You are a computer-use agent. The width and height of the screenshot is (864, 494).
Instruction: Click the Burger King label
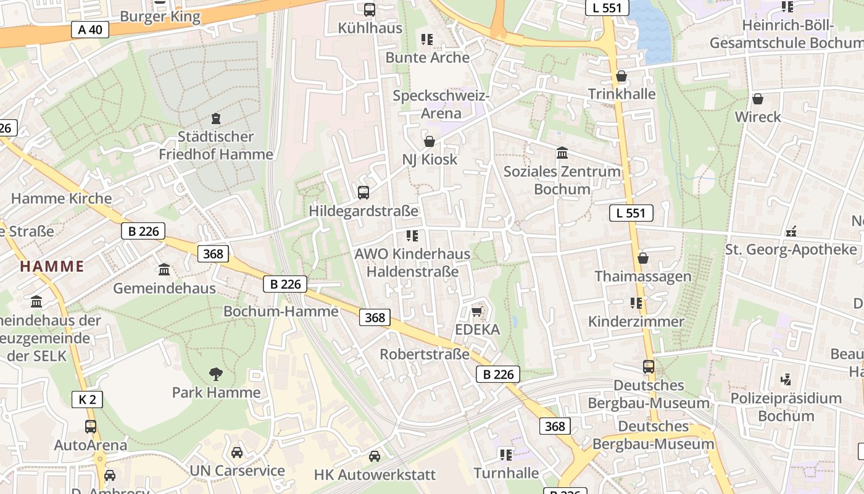(x=160, y=17)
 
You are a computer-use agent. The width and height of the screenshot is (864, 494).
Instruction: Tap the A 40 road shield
(x=89, y=30)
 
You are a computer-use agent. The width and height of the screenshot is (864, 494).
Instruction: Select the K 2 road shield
(x=88, y=400)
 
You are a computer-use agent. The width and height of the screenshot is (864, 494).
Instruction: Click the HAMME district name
(x=52, y=267)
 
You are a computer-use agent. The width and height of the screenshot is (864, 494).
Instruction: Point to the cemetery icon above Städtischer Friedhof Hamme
(x=216, y=118)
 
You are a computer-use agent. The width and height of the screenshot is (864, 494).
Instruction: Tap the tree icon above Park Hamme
(x=215, y=374)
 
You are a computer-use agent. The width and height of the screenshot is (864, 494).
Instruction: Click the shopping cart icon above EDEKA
(x=477, y=311)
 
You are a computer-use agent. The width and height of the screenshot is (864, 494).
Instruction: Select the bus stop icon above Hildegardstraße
(x=363, y=192)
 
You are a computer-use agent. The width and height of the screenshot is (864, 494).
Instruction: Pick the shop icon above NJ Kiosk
(x=430, y=141)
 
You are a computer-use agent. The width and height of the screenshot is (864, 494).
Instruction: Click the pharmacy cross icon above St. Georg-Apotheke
(x=791, y=232)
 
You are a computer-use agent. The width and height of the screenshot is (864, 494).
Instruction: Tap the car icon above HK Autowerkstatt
(x=375, y=456)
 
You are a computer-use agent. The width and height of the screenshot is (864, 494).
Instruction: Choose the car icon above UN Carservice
(x=237, y=453)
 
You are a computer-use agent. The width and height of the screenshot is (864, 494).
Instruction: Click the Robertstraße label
(x=425, y=354)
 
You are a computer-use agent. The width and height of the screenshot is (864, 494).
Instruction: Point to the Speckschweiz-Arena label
(x=441, y=104)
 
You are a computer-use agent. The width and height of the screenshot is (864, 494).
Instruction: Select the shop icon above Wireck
(x=758, y=99)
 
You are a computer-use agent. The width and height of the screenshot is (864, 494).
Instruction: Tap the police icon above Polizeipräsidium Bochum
(x=786, y=379)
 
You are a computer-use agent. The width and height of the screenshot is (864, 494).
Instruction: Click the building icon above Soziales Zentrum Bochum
(x=562, y=153)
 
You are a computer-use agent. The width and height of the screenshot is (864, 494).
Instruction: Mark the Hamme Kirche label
(x=62, y=198)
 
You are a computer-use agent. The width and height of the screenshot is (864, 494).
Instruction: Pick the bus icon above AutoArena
(x=91, y=426)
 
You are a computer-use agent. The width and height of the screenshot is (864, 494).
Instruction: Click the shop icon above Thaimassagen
(x=643, y=257)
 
